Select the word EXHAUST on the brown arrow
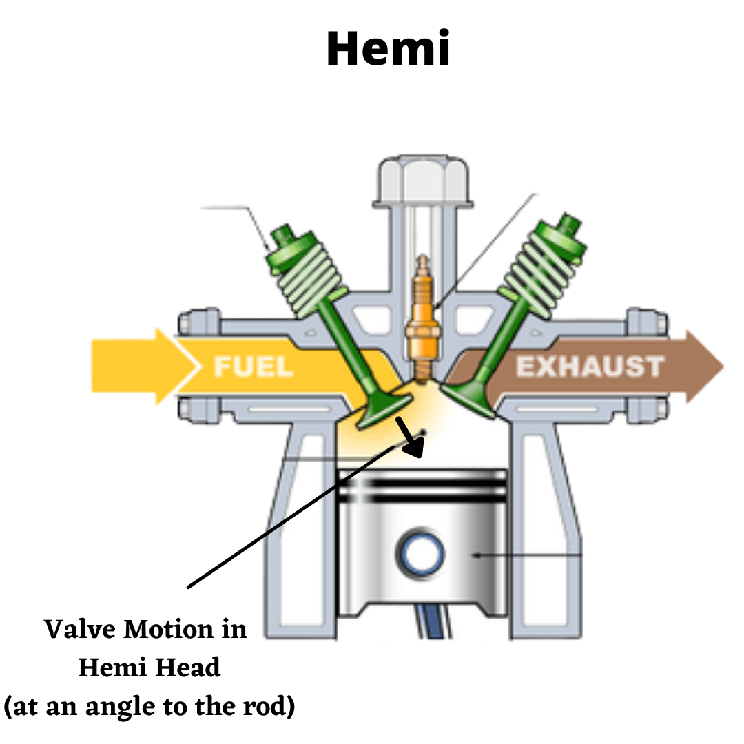coord(590,366)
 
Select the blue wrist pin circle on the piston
coord(419,551)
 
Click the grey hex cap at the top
coord(423,180)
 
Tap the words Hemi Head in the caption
coord(149,668)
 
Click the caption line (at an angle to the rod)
coord(149,707)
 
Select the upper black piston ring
coord(422,482)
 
